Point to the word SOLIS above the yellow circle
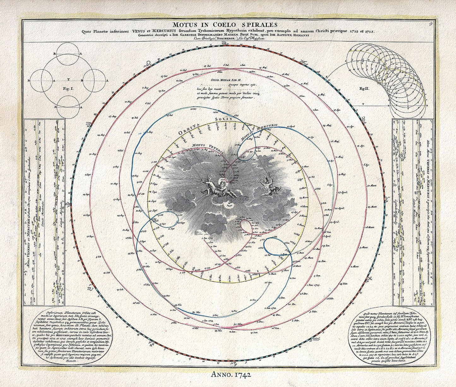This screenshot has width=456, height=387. pos(223,119)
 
